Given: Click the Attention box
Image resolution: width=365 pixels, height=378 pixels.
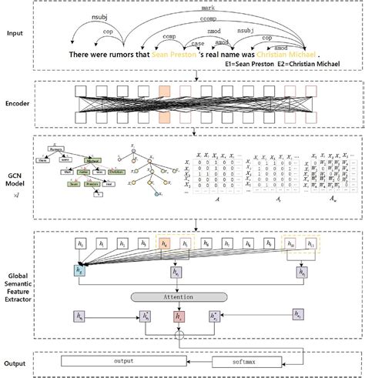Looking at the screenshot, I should pos(183,296).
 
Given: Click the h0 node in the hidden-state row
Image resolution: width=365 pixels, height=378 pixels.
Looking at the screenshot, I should pos(81,245).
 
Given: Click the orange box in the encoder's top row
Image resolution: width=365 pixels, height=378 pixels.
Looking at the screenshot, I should pos(165,92).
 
